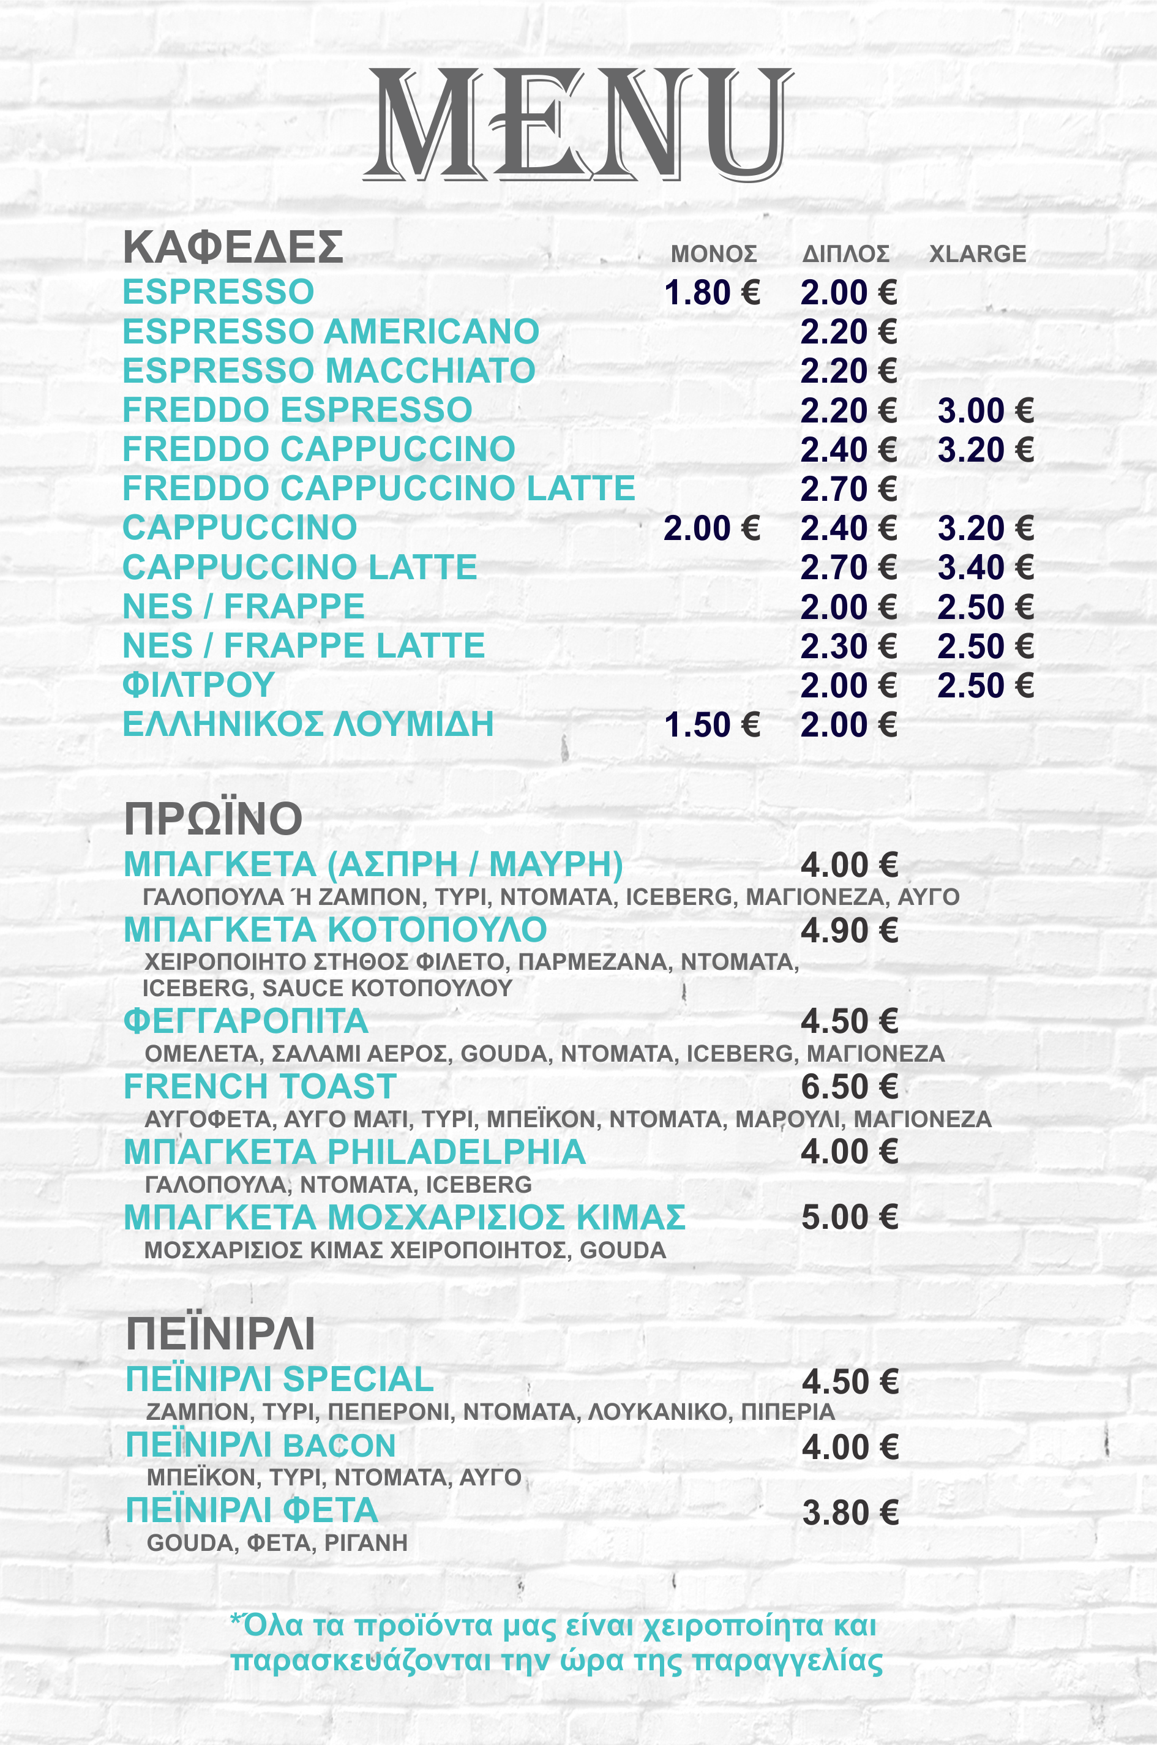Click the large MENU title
[x=578, y=124]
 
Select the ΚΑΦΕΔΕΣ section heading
[x=233, y=247]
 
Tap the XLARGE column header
[x=977, y=254]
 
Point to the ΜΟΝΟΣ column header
[x=714, y=254]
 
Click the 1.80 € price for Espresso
[x=712, y=293]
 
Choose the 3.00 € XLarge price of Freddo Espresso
[x=985, y=411]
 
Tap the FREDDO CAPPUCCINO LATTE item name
[x=378, y=489]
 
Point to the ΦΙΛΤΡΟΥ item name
[x=198, y=685]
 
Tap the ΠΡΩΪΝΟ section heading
[x=213, y=819]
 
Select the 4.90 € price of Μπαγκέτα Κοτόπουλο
[x=849, y=931]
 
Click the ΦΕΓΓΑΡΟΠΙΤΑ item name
[x=245, y=1022]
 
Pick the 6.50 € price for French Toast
[x=849, y=1087]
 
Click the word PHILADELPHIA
[x=456, y=1152]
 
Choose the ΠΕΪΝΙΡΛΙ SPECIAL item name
[x=280, y=1379]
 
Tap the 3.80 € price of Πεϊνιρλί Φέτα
[x=850, y=1514]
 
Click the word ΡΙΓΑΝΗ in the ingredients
[x=366, y=1543]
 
